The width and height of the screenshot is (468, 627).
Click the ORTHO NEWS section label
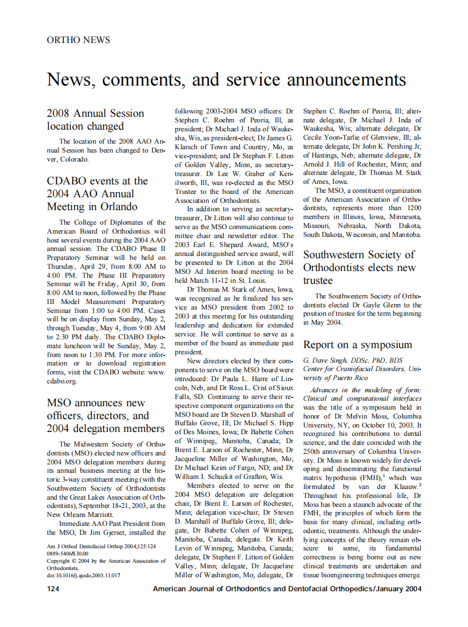[x=78, y=40]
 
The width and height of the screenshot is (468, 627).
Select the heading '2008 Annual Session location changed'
[x=95, y=120]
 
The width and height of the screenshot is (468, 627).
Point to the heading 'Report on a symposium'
[x=357, y=344]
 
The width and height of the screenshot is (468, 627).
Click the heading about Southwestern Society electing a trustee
[x=359, y=267]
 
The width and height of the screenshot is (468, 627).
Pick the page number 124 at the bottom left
[x=54, y=588]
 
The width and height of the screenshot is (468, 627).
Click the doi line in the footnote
[x=84, y=574]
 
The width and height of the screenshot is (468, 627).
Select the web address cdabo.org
[x=61, y=381]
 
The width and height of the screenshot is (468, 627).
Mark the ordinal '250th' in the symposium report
[x=314, y=451]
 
